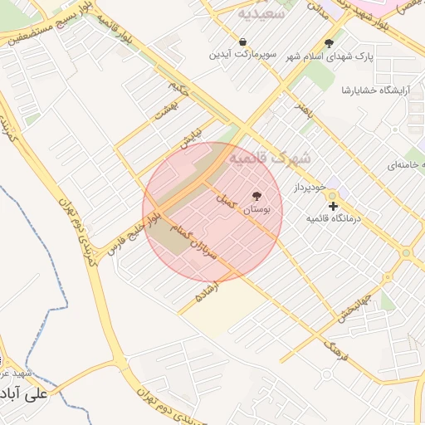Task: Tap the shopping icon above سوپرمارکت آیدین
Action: (x=242, y=41)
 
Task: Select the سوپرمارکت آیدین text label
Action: (x=241, y=55)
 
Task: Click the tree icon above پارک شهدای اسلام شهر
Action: (x=330, y=42)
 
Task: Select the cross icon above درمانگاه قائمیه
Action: (x=333, y=205)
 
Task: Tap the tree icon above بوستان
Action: (x=256, y=197)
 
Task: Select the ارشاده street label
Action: (x=207, y=291)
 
